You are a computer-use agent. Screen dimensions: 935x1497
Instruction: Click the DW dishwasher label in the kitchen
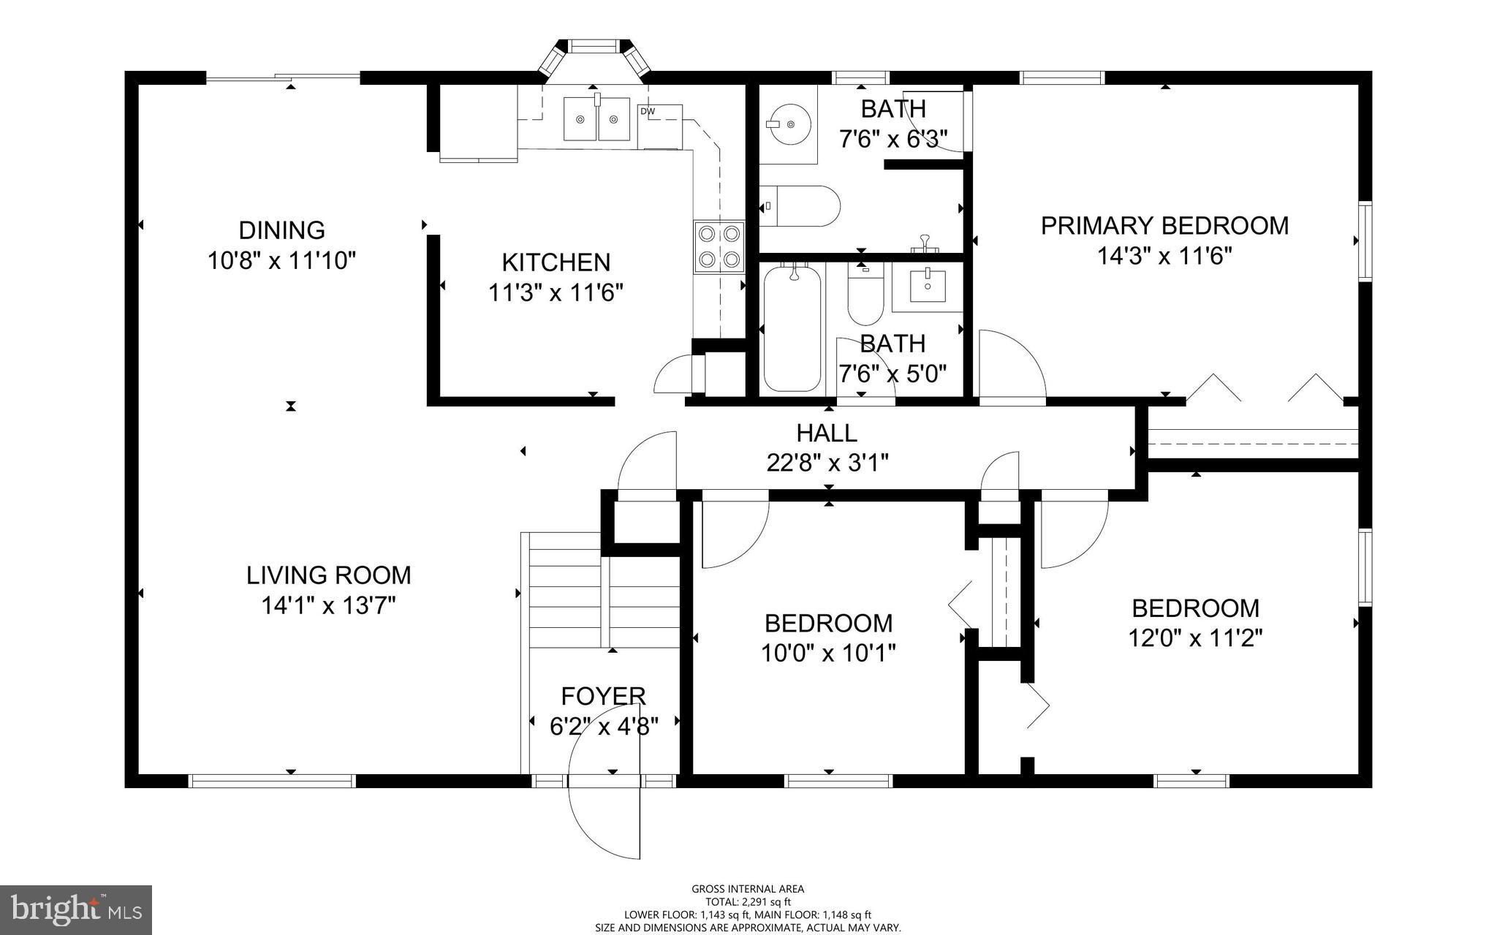(647, 111)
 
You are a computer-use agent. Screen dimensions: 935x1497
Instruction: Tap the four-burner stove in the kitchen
(719, 246)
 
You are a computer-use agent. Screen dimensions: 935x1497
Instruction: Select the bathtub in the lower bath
(792, 329)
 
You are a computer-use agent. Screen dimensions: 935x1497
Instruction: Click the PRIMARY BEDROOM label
(1164, 226)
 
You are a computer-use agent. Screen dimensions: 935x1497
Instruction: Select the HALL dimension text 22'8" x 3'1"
(827, 463)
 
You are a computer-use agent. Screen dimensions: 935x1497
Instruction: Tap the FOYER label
(603, 695)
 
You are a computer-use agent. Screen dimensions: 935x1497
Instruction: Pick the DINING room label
(281, 230)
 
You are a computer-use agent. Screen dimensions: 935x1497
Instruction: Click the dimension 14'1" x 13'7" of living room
(328, 605)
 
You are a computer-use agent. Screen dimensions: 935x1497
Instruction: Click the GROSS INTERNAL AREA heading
(748, 889)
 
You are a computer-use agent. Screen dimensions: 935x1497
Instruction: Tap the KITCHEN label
(556, 262)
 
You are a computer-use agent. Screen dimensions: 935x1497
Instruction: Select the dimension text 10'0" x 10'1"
(828, 653)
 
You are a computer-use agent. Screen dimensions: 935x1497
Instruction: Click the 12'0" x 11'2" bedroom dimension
(1195, 638)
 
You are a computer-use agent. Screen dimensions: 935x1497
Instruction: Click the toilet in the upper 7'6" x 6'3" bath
(800, 205)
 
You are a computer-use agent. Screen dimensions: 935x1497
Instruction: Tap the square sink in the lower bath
(928, 286)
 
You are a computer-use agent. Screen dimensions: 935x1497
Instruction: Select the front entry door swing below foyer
(604, 819)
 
